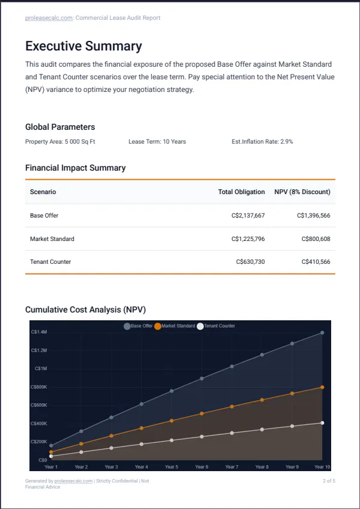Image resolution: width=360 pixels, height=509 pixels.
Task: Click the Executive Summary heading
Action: (x=84, y=46)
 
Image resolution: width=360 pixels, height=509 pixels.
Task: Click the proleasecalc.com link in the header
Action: (x=49, y=18)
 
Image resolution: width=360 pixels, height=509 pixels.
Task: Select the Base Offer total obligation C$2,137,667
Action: (x=248, y=215)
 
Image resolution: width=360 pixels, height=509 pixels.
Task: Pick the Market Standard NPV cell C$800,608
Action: (x=316, y=239)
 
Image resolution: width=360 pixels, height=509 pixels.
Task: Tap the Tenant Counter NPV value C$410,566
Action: (x=316, y=261)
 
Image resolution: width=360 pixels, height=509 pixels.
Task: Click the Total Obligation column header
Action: (x=242, y=192)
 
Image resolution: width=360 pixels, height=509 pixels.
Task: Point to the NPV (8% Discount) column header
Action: (x=302, y=192)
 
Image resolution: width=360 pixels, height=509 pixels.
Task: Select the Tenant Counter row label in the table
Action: (x=50, y=261)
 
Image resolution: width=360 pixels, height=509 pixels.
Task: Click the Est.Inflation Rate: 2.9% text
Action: (x=262, y=142)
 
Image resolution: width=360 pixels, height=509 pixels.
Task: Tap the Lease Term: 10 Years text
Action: (x=157, y=142)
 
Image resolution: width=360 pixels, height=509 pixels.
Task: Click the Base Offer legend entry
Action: (x=138, y=326)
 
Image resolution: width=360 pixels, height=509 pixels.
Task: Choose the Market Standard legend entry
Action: (x=175, y=326)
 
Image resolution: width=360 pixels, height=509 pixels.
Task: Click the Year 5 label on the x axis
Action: (x=171, y=467)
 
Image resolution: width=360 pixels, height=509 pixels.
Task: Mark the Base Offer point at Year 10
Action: (x=322, y=333)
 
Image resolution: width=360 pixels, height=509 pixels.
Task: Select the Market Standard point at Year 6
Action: (x=201, y=413)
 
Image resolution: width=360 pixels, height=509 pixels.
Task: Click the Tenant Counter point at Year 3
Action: (x=111, y=448)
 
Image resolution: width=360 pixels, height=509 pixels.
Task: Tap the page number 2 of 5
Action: (x=329, y=481)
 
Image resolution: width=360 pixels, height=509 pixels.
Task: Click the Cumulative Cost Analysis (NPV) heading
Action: (x=86, y=309)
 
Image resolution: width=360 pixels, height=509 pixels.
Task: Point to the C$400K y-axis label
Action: (x=39, y=424)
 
